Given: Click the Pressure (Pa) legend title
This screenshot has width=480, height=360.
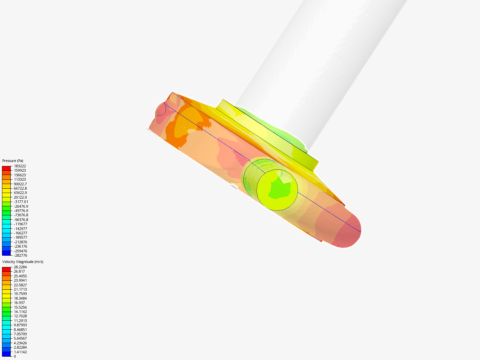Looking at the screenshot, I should (13, 161).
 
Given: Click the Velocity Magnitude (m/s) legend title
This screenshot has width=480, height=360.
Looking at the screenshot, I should (23, 262).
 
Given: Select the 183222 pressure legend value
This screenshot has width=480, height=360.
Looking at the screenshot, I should (20, 166).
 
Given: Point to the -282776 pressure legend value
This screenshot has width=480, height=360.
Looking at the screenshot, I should (20, 255).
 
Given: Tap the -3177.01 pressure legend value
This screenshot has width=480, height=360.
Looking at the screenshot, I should (21, 202).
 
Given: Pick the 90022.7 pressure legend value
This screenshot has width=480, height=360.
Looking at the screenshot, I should (20, 184).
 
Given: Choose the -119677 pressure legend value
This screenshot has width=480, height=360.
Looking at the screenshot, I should (20, 224).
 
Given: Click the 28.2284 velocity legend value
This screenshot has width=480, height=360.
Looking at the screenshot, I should (20, 267).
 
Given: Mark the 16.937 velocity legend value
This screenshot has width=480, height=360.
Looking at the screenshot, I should (19, 303).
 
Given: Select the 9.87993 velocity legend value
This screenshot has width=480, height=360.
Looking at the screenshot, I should (20, 325).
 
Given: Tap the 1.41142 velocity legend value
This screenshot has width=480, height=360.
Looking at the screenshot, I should (20, 352).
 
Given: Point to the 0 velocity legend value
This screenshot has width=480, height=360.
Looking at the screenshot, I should (15, 356).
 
